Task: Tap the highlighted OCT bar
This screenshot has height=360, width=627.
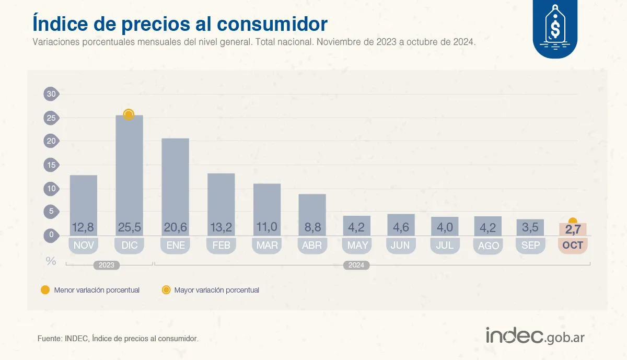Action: tap(573, 229)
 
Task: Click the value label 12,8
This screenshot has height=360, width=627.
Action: tap(84, 228)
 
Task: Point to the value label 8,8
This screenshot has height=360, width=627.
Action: tap(312, 228)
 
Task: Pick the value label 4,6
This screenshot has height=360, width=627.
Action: tap(401, 228)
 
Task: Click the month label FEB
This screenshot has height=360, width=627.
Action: tap(221, 245)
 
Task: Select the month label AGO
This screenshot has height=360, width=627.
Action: tap(488, 246)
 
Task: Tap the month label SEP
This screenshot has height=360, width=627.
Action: tap(530, 245)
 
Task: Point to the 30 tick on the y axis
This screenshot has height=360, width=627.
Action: tap(51, 94)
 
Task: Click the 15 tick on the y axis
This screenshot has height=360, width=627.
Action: tap(51, 165)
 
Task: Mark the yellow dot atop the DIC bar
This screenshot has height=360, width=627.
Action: tap(129, 114)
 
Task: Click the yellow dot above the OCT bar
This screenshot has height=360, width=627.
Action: tap(573, 222)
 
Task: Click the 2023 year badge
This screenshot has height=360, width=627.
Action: tap(106, 265)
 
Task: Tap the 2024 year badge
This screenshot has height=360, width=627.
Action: tap(356, 265)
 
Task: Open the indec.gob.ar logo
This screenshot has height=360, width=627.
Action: tap(535, 336)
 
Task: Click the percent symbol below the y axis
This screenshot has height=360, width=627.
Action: tap(51, 261)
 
